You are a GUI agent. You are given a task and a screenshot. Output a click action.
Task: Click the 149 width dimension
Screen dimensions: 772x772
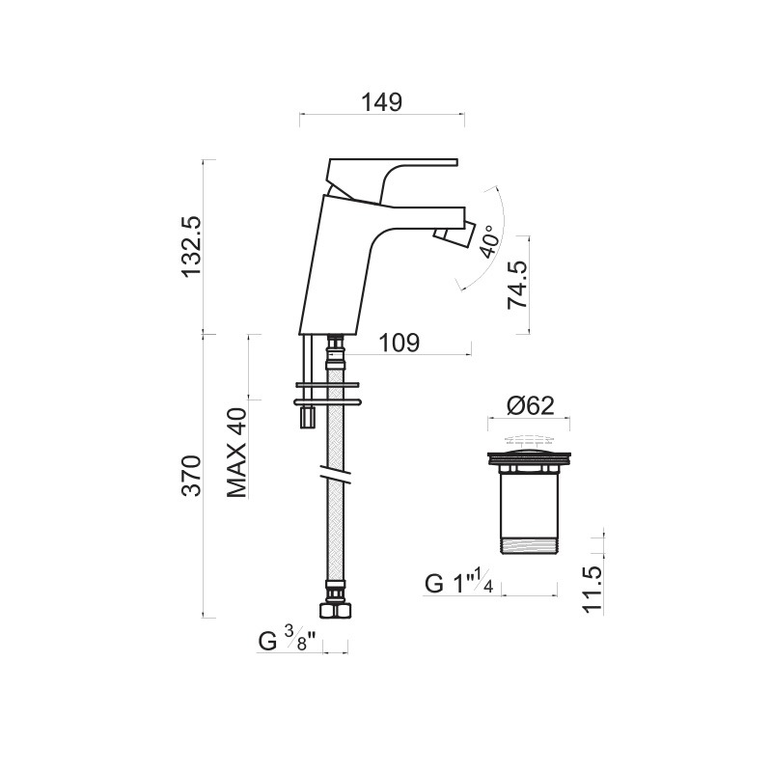382,102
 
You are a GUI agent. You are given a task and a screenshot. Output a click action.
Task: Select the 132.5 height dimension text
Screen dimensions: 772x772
191,246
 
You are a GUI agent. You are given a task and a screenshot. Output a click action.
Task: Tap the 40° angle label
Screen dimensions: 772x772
490,242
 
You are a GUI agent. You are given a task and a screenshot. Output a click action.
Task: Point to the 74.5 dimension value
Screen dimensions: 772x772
517,285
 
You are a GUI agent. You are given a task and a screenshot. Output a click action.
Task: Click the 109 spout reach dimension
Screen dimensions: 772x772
400,343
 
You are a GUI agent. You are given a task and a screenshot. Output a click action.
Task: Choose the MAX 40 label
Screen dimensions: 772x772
236,453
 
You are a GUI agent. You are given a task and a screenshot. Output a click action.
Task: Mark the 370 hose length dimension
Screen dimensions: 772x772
191,476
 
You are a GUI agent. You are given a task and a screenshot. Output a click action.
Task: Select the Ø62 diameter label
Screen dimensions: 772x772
530,405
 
